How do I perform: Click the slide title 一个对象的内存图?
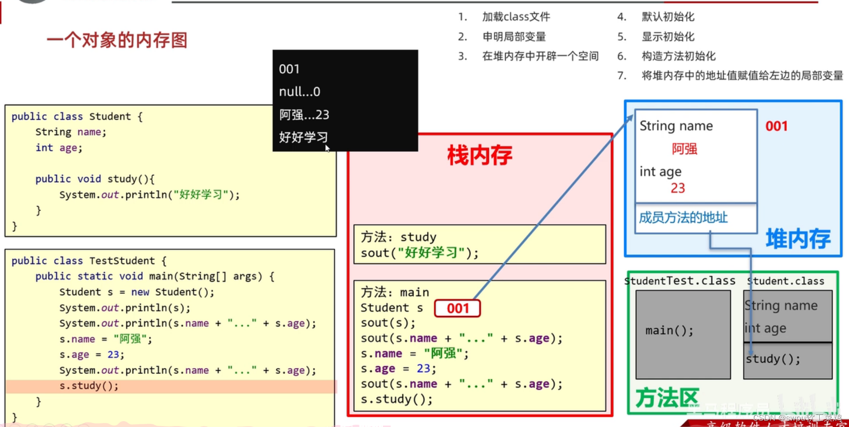pyautogui.click(x=117, y=40)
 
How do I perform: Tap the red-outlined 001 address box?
pyautogui.click(x=457, y=308)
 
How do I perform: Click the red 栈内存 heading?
pyautogui.click(x=480, y=155)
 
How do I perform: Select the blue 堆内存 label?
pyautogui.click(x=798, y=239)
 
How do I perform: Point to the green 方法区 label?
pyautogui.click(x=667, y=398)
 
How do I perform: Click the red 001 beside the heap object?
pyautogui.click(x=776, y=126)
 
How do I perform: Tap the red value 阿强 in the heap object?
pyautogui.click(x=684, y=149)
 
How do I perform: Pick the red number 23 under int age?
pyautogui.click(x=678, y=188)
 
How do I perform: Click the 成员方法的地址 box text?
pyautogui.click(x=683, y=218)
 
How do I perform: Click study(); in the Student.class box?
pyautogui.click(x=773, y=359)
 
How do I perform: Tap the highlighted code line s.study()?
pyautogui.click(x=89, y=386)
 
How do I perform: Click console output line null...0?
pyautogui.click(x=299, y=92)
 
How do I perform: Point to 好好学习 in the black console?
pyautogui.click(x=303, y=137)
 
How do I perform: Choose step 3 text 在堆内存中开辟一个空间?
pyautogui.click(x=540, y=56)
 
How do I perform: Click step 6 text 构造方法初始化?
pyautogui.click(x=679, y=56)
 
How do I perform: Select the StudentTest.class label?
pyautogui.click(x=680, y=281)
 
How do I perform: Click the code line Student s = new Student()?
pyautogui.click(x=137, y=292)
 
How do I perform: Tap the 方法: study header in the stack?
pyautogui.click(x=398, y=237)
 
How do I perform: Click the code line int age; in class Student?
pyautogui.click(x=59, y=148)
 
